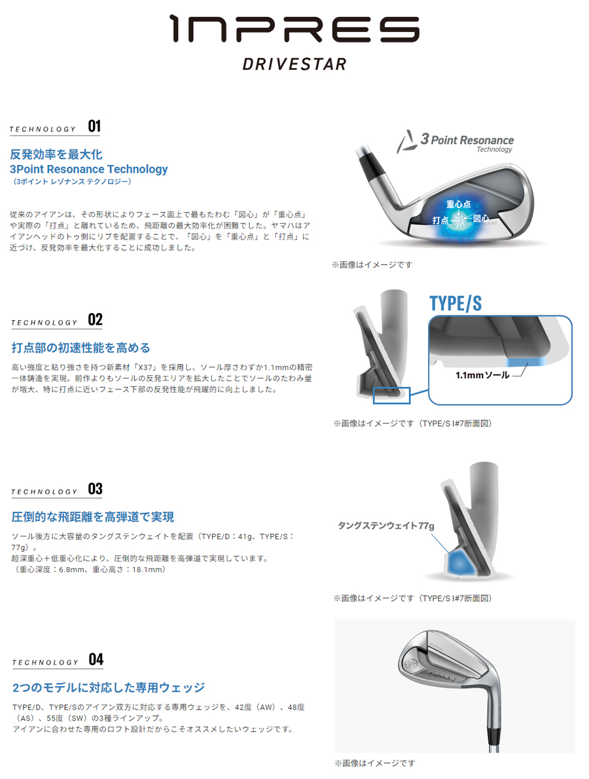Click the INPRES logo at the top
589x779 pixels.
(x=294, y=29)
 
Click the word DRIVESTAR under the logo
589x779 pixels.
(x=294, y=64)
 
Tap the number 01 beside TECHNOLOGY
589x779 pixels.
(x=94, y=126)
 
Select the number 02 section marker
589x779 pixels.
(x=96, y=319)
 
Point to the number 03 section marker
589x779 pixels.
(x=96, y=489)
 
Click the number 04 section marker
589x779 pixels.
(x=96, y=659)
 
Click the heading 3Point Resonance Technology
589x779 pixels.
(x=89, y=170)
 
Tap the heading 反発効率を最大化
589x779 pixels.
(x=56, y=154)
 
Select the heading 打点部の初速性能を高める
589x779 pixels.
(x=81, y=348)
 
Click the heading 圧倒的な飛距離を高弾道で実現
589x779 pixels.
(x=93, y=517)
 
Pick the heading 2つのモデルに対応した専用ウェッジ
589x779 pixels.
(x=109, y=687)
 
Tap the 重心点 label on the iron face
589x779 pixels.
(x=459, y=205)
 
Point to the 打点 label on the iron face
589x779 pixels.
(x=440, y=221)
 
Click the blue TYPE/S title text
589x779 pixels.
(x=455, y=303)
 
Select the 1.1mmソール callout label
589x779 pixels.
(x=482, y=376)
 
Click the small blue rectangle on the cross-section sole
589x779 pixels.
(x=391, y=395)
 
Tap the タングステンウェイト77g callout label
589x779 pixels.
(x=386, y=525)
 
